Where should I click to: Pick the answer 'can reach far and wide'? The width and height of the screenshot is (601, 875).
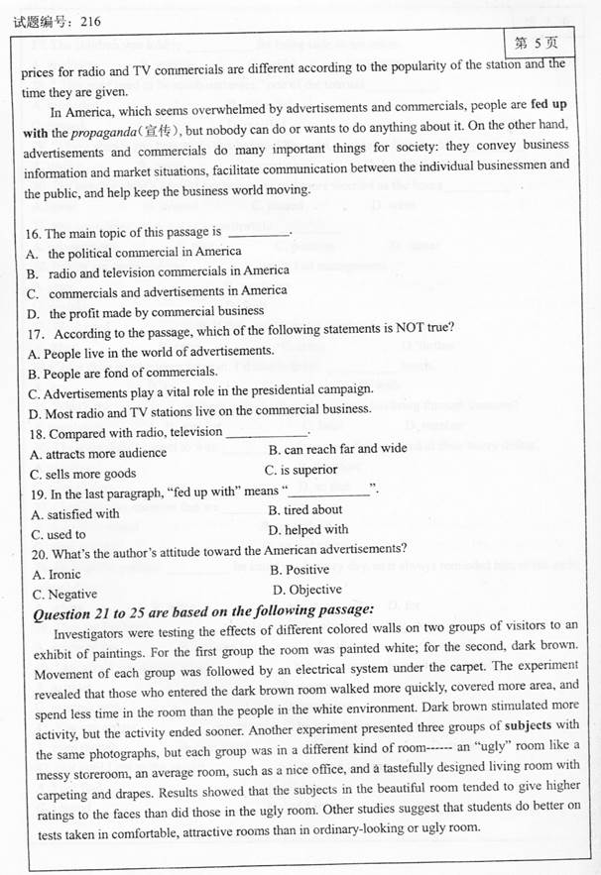tap(337, 448)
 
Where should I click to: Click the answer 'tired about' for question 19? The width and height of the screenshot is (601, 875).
tap(305, 510)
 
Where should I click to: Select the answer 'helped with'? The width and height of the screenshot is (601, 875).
tap(309, 530)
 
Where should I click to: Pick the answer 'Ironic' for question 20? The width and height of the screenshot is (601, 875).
tap(58, 574)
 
